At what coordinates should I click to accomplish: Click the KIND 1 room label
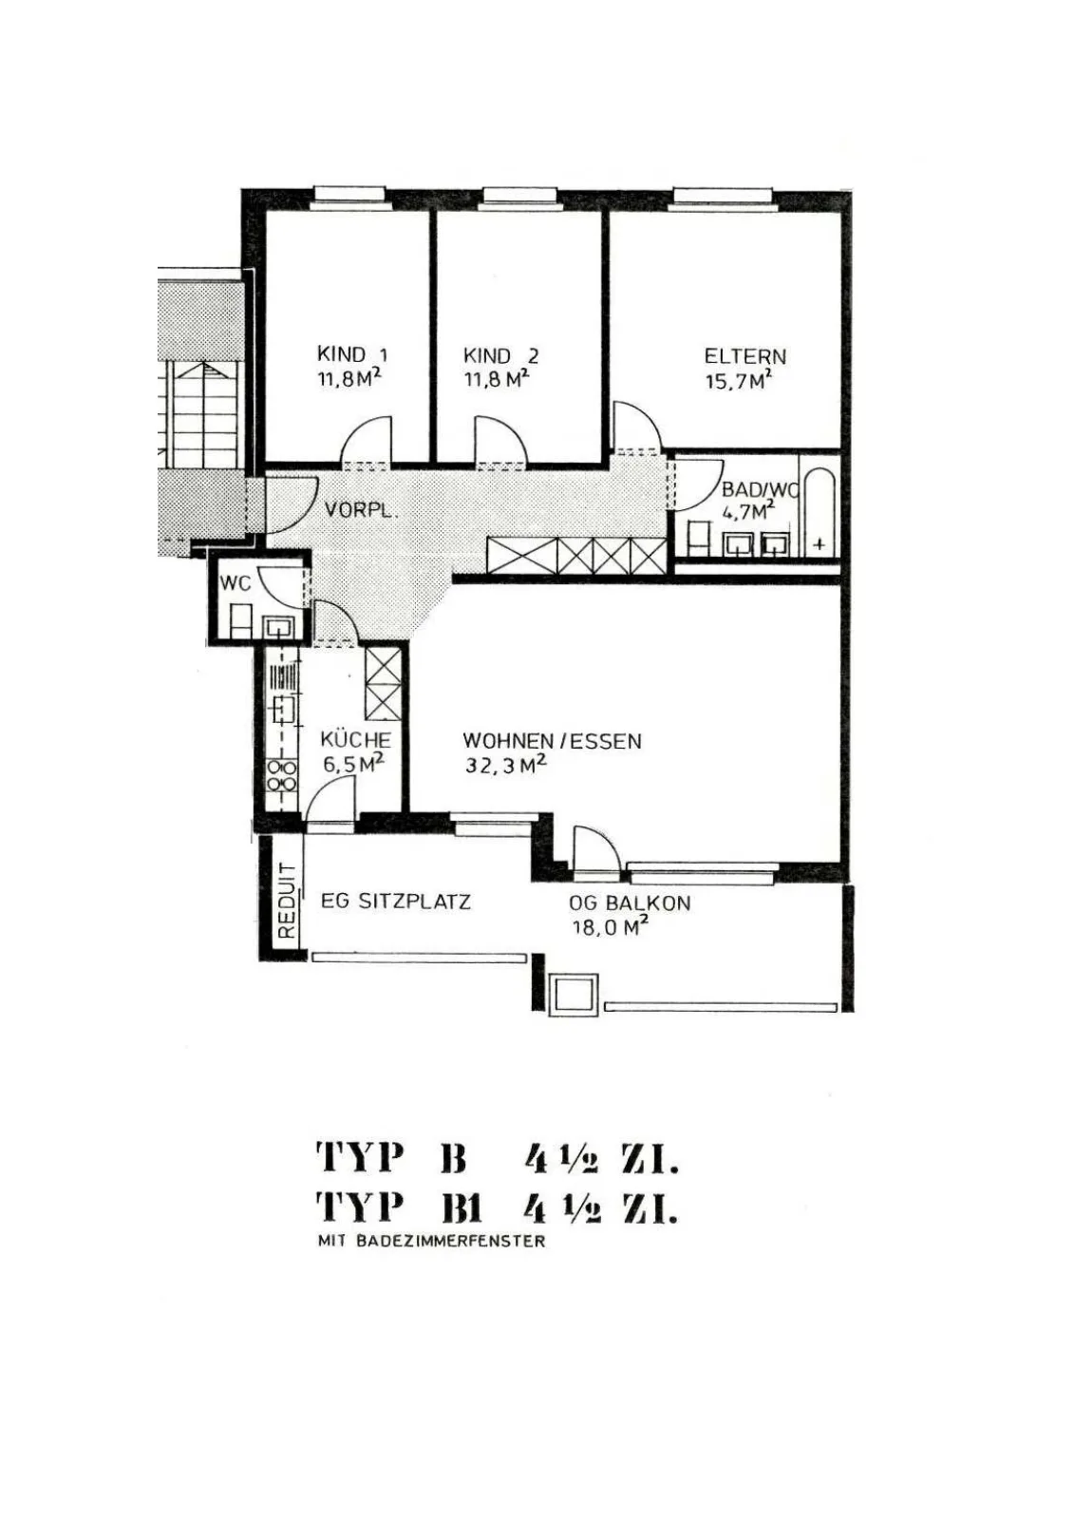pyautogui.click(x=353, y=355)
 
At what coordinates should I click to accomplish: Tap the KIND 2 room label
pyautogui.click(x=500, y=355)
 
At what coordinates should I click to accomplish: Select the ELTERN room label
pyautogui.click(x=744, y=356)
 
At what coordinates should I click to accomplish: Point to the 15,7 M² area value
pyautogui.click(x=739, y=380)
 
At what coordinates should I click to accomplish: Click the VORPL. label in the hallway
pyautogui.click(x=361, y=510)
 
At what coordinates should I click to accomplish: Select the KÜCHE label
pyautogui.click(x=355, y=740)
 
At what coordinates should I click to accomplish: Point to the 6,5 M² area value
pyautogui.click(x=353, y=764)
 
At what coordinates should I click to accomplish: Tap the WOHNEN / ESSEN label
pyautogui.click(x=552, y=741)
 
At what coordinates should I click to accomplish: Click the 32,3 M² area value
pyautogui.click(x=505, y=765)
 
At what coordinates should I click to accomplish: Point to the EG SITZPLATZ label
pyautogui.click(x=396, y=902)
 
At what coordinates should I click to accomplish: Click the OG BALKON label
pyautogui.click(x=630, y=903)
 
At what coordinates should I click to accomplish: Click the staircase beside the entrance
pyautogui.click(x=200, y=415)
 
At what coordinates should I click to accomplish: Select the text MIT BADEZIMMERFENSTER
pyautogui.click(x=431, y=1241)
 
